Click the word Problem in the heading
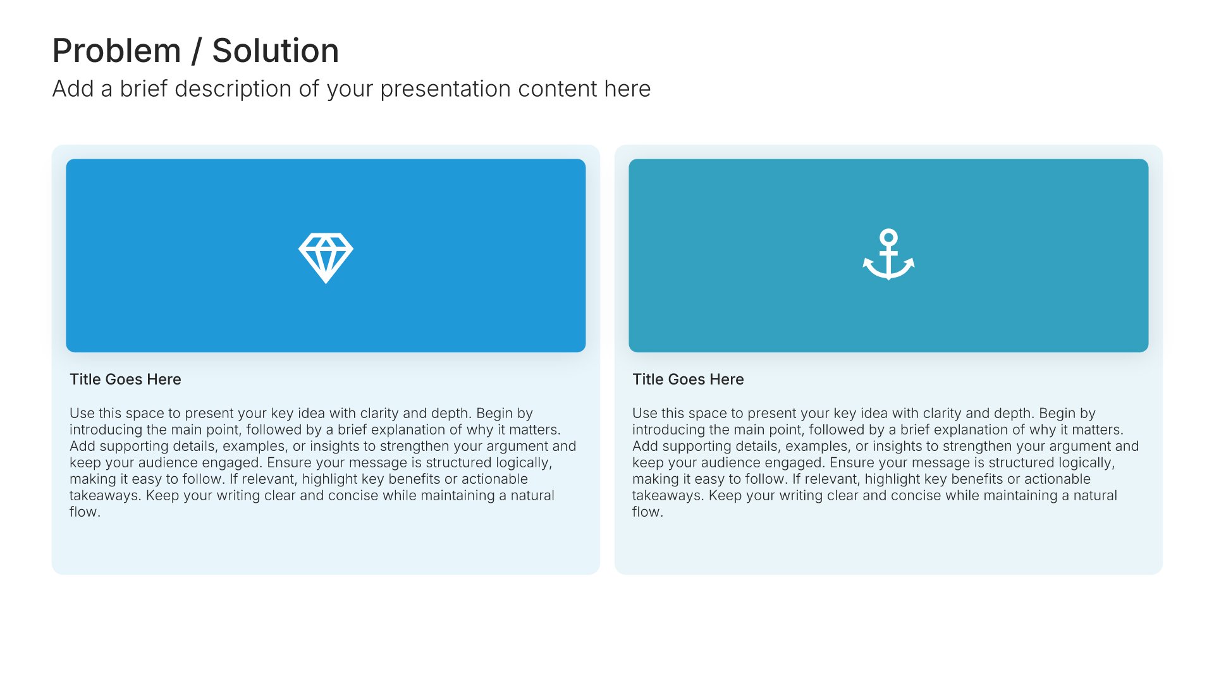click(117, 51)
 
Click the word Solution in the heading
click(276, 51)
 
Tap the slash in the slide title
click(197, 51)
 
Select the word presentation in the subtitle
click(446, 89)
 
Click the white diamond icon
click(326, 257)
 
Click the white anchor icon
click(888, 254)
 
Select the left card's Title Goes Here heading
click(125, 379)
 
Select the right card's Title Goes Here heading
click(688, 379)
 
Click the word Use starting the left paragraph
click(82, 413)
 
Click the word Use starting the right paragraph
click(645, 413)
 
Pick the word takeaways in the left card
click(104, 496)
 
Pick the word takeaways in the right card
click(666, 496)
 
